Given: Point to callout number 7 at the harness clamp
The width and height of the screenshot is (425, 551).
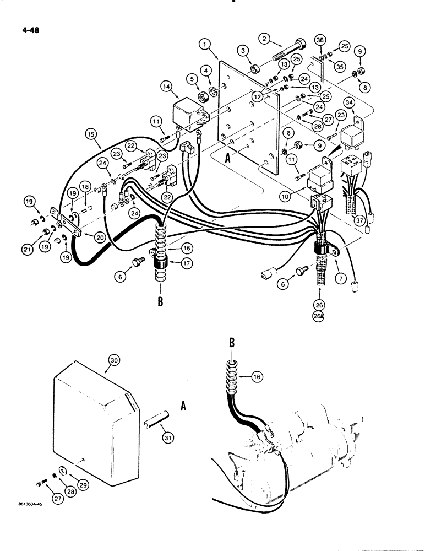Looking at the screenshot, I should coord(341,280).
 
